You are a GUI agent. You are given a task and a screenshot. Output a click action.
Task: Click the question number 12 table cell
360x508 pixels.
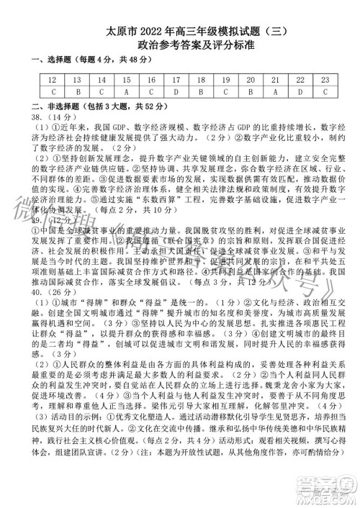[x=53, y=81]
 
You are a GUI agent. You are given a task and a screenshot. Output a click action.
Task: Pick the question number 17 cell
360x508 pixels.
[x=176, y=81]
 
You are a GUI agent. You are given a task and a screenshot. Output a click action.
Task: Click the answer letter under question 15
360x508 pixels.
[x=127, y=92]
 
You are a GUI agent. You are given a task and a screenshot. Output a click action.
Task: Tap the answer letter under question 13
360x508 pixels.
[x=77, y=92]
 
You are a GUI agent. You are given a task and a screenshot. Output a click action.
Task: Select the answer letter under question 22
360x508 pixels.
[x=300, y=92]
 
